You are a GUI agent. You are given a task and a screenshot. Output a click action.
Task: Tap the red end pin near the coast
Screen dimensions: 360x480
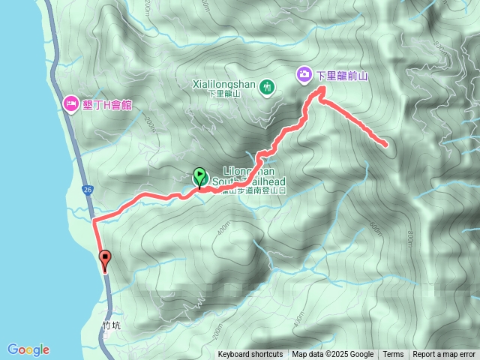[x=105, y=259]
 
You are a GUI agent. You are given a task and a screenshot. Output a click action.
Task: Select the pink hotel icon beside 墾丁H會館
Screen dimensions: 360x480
[x=70, y=103]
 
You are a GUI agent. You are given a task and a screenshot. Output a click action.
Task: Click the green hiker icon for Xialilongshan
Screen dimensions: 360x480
[x=265, y=88]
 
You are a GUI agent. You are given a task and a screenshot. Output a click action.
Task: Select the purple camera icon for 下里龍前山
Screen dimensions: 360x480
[x=304, y=74]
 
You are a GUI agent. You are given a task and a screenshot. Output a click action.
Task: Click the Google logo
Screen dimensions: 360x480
[x=28, y=349]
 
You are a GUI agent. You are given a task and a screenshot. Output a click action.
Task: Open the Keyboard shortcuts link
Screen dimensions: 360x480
[x=250, y=355]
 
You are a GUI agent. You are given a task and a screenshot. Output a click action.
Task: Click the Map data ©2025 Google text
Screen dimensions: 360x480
[x=333, y=355]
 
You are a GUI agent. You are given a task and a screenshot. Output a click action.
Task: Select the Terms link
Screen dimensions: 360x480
[x=393, y=355]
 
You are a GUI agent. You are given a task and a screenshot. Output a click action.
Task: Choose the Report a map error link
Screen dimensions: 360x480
[x=445, y=355]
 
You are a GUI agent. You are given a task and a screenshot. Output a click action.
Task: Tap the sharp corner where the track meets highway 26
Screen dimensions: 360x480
[x=94, y=221]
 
